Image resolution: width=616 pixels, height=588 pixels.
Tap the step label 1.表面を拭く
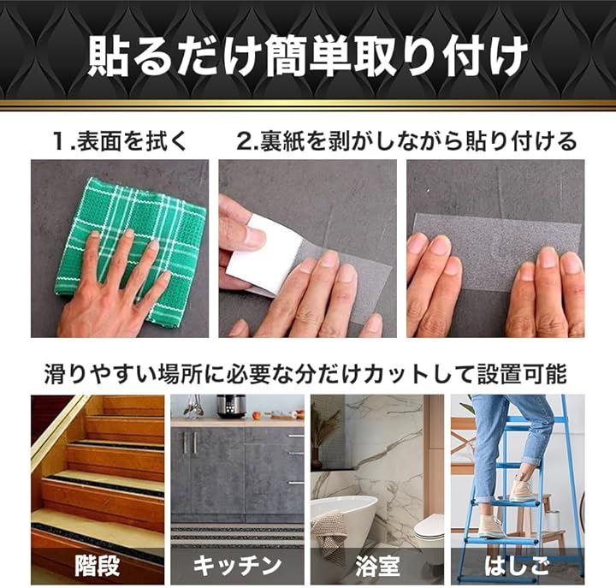[120, 141]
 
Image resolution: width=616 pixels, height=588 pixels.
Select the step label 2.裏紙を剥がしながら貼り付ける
[406, 141]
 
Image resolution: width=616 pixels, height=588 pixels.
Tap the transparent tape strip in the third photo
[497, 252]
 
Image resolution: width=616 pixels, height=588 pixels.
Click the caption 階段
[97, 566]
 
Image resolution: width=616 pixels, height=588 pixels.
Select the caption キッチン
[237, 566]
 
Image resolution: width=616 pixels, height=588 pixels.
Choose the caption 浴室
[377, 566]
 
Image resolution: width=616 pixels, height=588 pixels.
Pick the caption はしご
[517, 566]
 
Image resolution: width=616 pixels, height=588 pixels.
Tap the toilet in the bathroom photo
[429, 531]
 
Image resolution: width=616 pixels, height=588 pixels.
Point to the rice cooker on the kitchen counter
[231, 407]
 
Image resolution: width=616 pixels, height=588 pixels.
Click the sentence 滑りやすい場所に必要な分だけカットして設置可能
[305, 374]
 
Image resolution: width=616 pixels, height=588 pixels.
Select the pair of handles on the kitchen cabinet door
[189, 442]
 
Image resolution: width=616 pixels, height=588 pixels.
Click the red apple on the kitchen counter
[257, 414]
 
